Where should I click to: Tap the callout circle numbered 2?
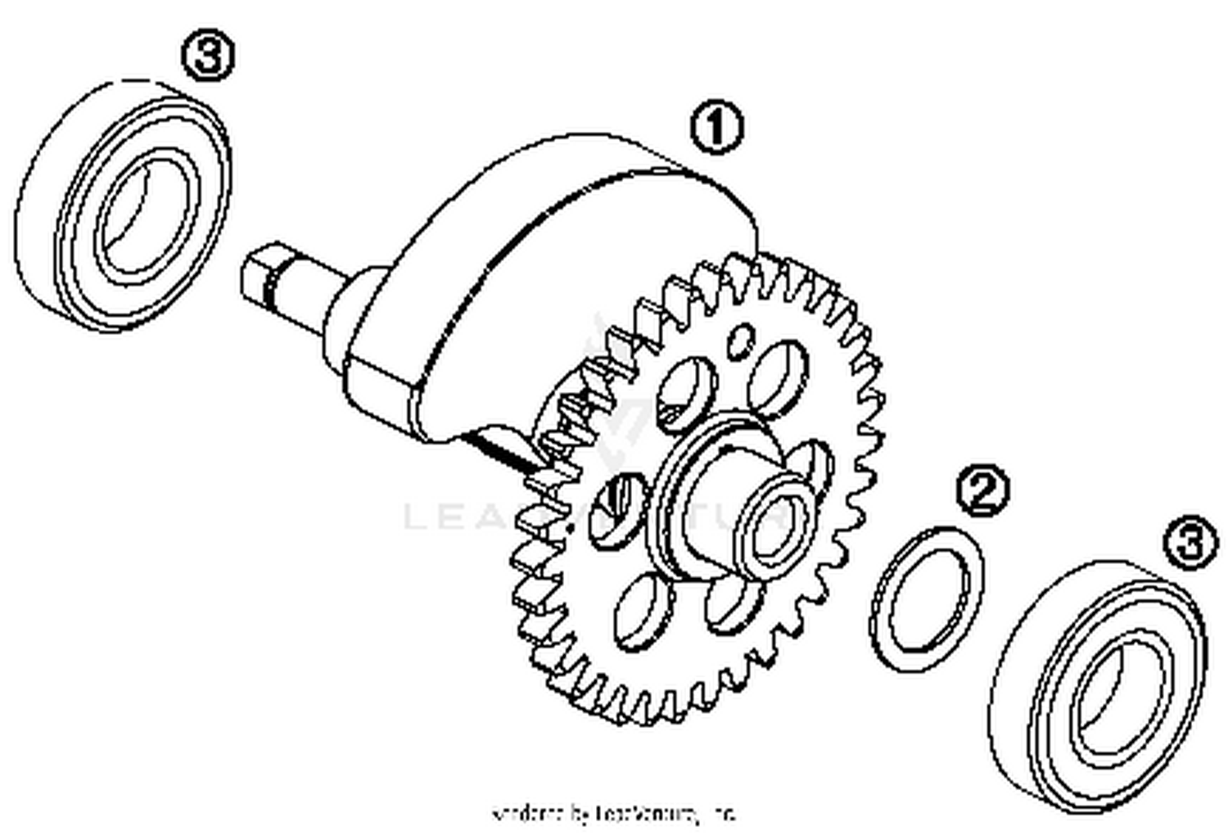[x=982, y=490]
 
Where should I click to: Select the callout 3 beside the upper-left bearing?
[x=207, y=56]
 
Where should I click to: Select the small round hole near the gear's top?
[x=741, y=340]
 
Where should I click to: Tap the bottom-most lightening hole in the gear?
[x=643, y=614]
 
